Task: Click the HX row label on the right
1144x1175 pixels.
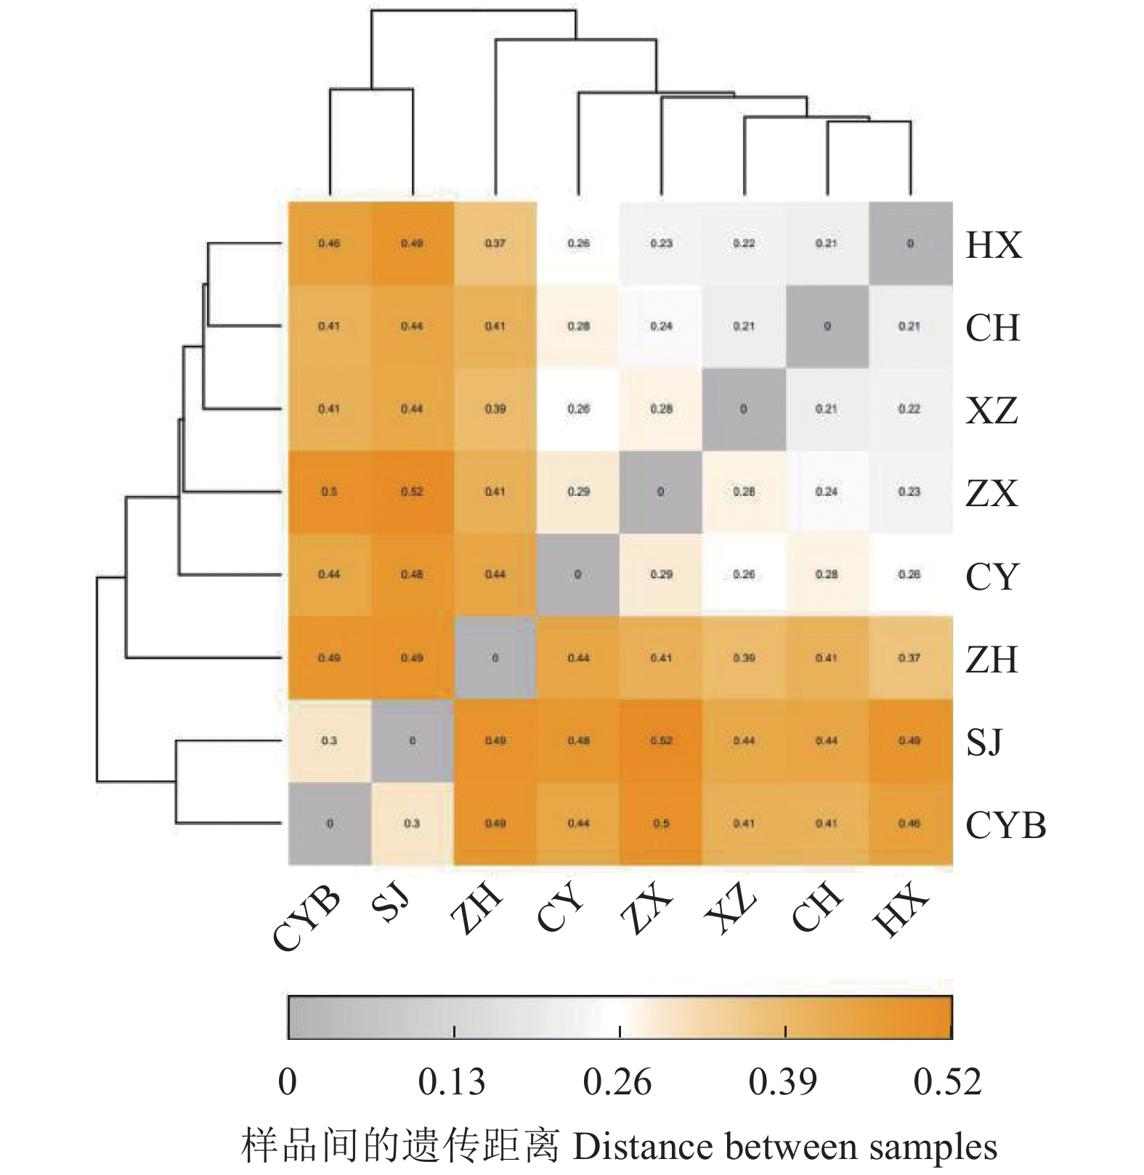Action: click(x=994, y=245)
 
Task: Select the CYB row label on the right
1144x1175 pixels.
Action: click(x=1006, y=825)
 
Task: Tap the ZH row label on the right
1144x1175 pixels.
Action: click(x=991, y=659)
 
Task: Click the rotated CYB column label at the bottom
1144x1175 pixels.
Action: click(x=307, y=918)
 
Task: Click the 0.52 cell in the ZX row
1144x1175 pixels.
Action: click(x=412, y=492)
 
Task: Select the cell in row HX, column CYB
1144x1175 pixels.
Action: click(x=329, y=243)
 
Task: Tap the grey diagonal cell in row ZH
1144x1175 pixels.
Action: click(x=495, y=658)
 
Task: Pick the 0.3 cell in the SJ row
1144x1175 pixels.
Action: click(x=329, y=741)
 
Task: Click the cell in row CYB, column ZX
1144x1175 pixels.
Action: click(x=661, y=824)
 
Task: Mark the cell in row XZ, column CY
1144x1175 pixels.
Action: click(x=578, y=409)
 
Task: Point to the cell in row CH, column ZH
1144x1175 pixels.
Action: click(x=495, y=326)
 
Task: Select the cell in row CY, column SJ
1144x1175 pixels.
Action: click(x=412, y=574)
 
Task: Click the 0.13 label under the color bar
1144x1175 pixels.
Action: click(x=452, y=1083)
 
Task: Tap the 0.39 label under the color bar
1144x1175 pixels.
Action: click(x=783, y=1083)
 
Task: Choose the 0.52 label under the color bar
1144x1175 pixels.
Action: click(x=948, y=1083)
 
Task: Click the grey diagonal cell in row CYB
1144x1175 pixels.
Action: click(x=329, y=824)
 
